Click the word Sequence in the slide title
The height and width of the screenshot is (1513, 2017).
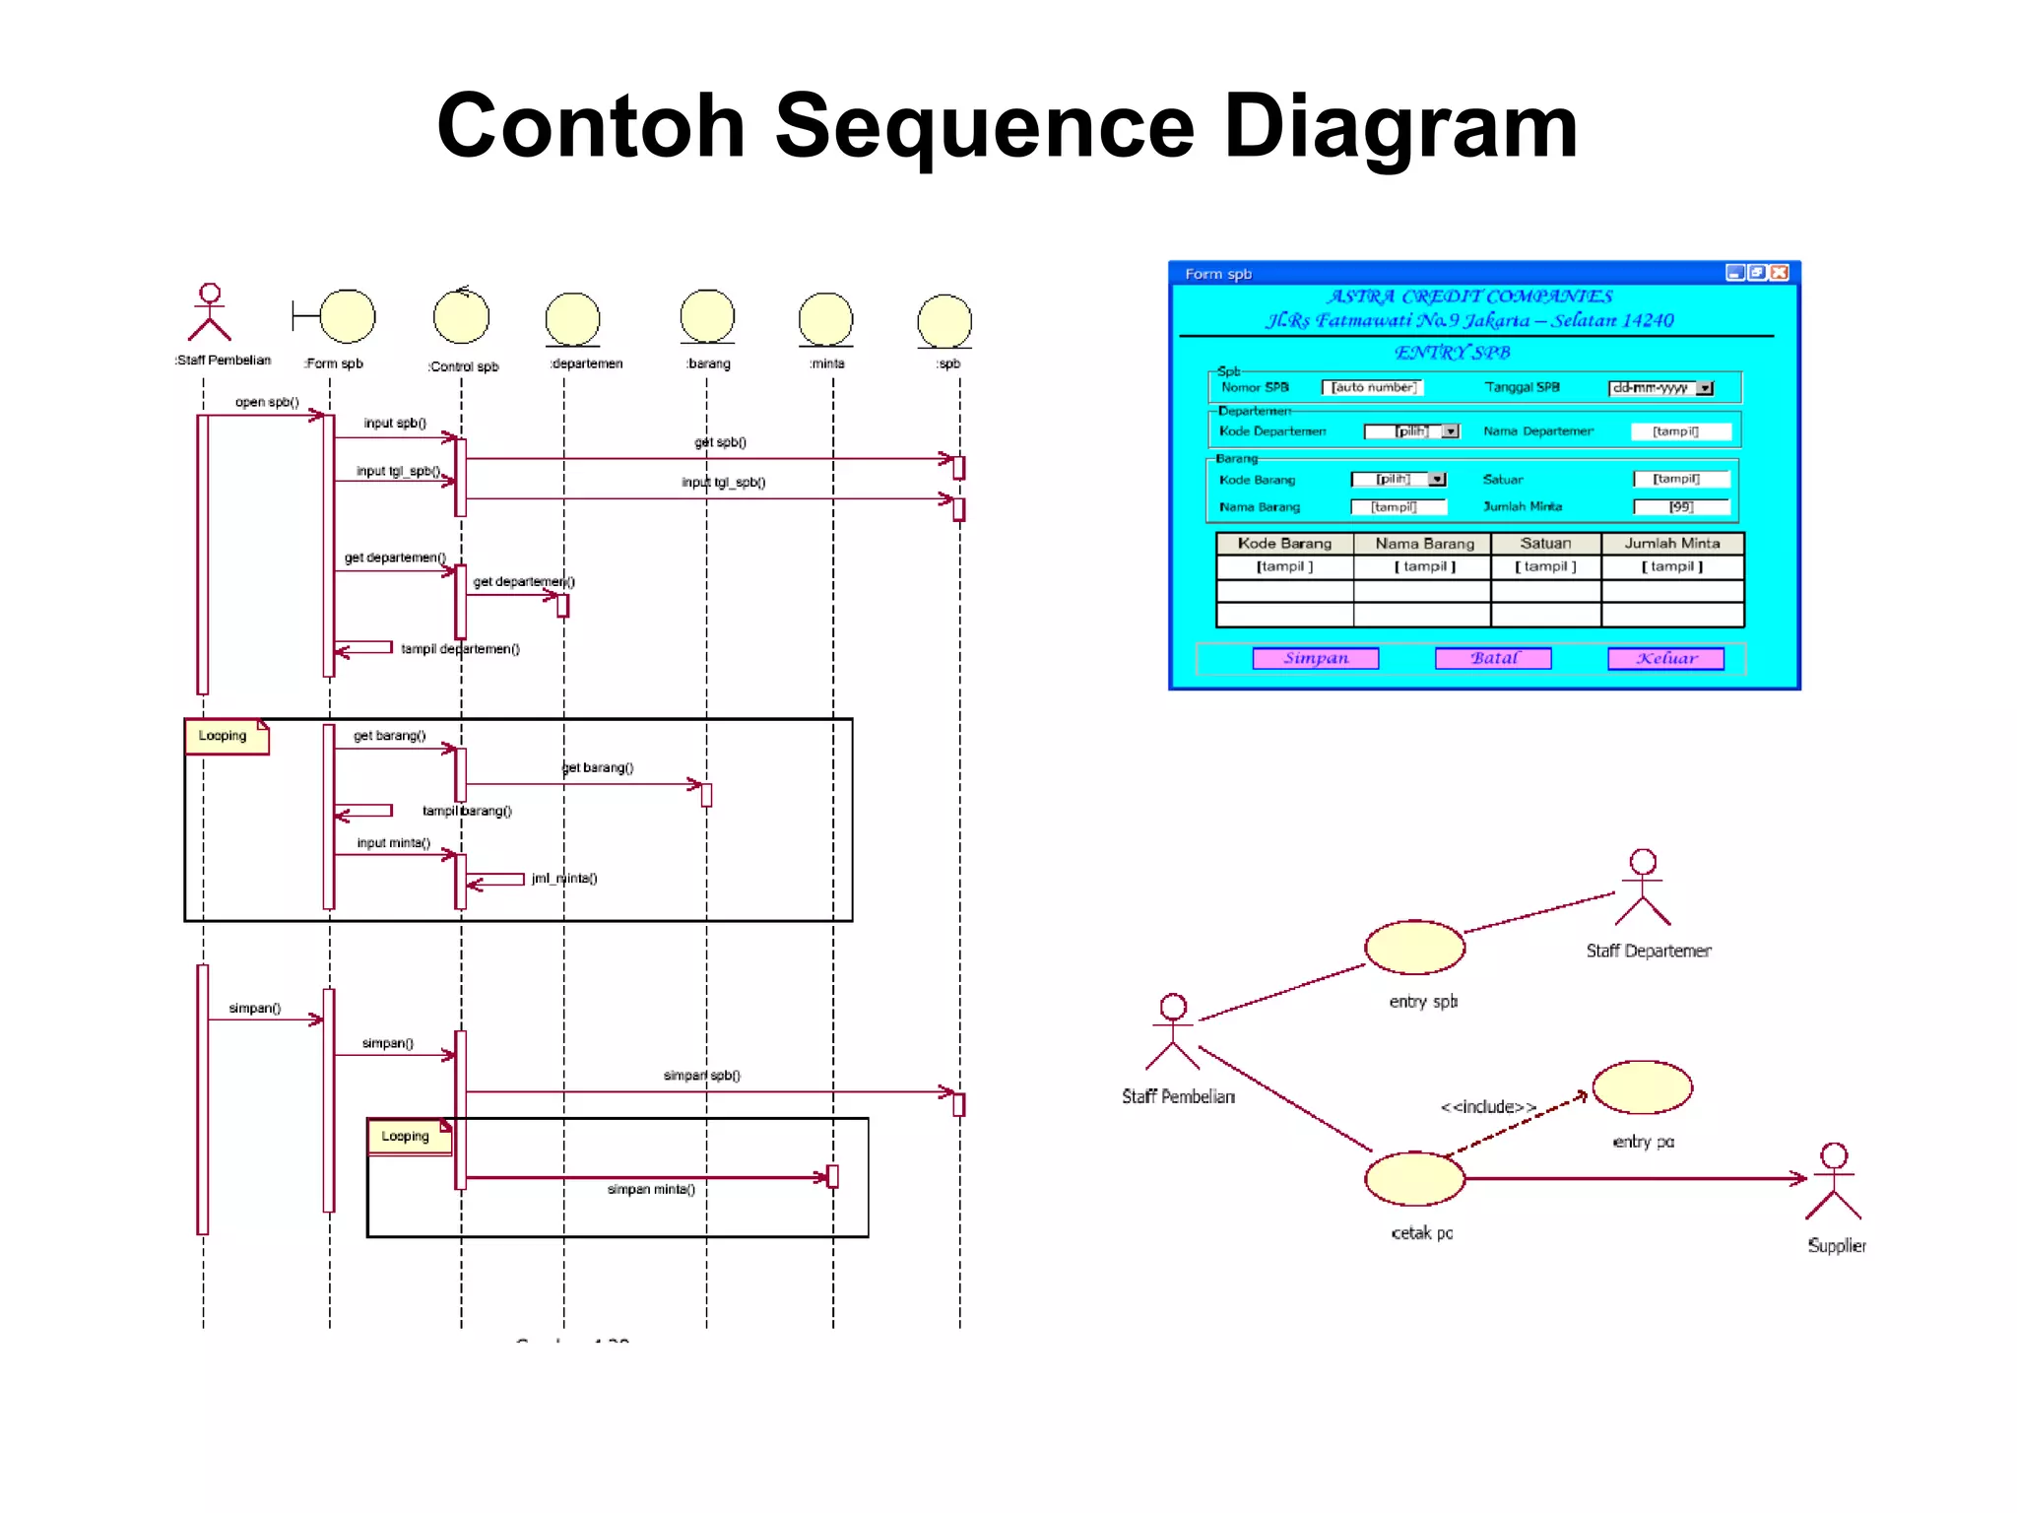(x=984, y=126)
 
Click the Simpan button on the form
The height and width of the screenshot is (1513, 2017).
(x=1315, y=658)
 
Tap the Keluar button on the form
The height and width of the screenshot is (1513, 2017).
(x=1665, y=658)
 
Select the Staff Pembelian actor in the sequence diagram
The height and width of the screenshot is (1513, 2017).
(x=210, y=313)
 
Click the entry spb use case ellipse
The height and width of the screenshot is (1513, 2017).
(x=1414, y=948)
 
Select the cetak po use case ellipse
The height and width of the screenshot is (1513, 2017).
(x=1414, y=1178)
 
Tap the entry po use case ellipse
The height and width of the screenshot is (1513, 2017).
(x=1642, y=1087)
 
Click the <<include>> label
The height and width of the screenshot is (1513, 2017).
(x=1487, y=1107)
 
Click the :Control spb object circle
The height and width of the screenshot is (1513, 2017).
(x=461, y=317)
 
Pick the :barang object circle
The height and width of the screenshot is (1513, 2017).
(x=707, y=317)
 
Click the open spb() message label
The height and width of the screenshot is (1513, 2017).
(x=267, y=402)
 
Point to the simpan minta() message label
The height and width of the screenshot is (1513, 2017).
(x=651, y=1190)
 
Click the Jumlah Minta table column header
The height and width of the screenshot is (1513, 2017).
(x=1671, y=543)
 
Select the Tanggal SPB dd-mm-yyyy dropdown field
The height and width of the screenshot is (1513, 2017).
(x=1660, y=388)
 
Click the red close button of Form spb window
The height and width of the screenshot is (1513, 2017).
(x=1779, y=273)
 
